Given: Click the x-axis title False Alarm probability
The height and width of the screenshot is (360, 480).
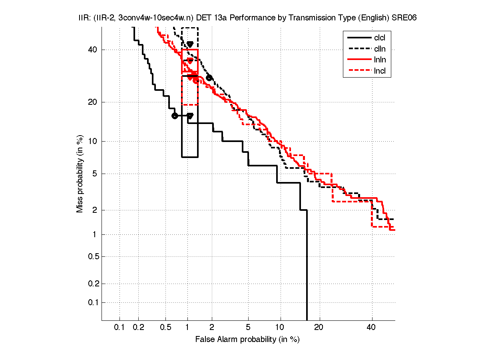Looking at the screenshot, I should tap(247, 340).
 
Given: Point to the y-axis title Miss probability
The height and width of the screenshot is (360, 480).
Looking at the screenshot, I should tap(80, 174).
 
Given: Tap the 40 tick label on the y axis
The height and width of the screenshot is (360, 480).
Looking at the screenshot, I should tap(92, 50).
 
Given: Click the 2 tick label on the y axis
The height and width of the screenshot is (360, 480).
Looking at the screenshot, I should tap(95, 210).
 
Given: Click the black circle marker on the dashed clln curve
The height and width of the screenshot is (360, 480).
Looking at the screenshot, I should tap(209, 78).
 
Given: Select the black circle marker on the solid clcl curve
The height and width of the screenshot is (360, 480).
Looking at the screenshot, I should tap(174, 116).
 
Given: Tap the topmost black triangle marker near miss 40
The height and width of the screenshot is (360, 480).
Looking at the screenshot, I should tap(190, 44).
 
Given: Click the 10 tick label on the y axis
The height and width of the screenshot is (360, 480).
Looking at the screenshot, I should tap(92, 141).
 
